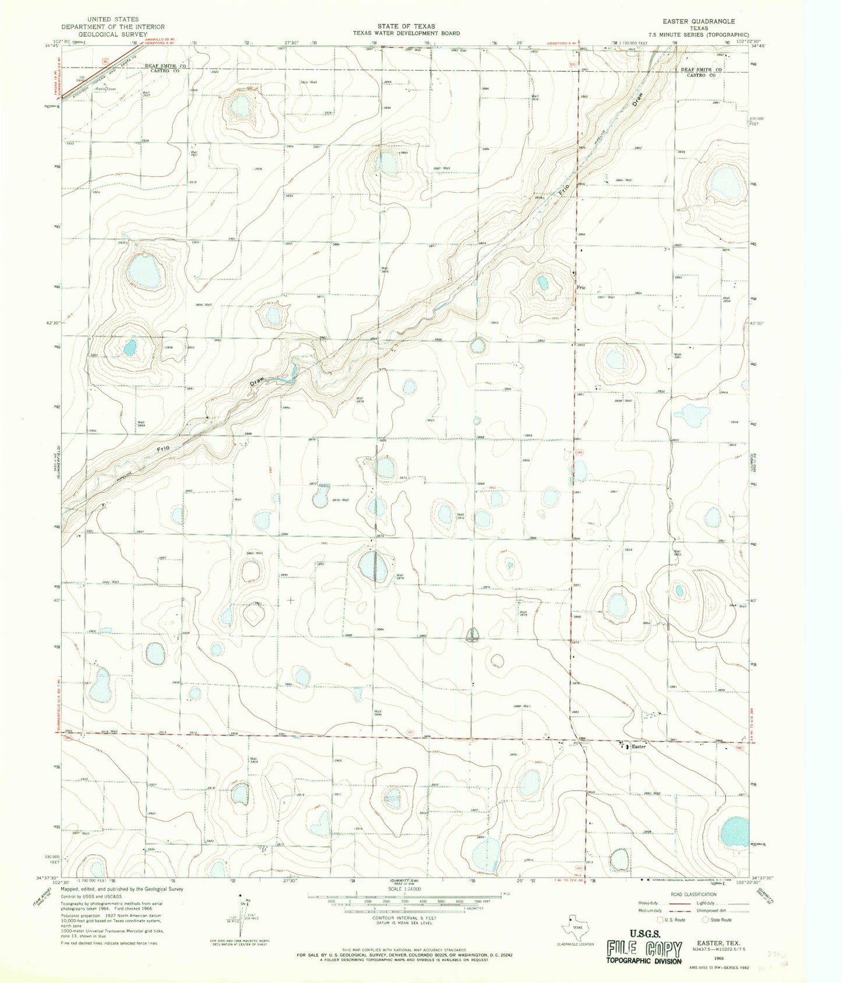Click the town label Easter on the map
point(639,746)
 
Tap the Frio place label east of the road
point(580,288)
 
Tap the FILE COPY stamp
point(643,948)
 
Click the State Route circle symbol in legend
point(705,920)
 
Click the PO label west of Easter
point(576,743)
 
